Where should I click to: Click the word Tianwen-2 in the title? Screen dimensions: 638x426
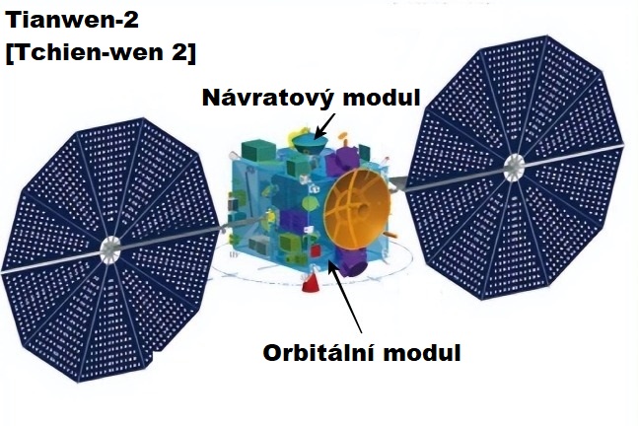(72, 21)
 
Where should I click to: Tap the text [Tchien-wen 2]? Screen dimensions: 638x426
(101, 53)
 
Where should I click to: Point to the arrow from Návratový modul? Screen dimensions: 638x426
(325, 125)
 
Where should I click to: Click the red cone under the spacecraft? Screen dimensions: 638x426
(312, 282)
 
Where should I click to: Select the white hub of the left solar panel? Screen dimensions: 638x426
(109, 249)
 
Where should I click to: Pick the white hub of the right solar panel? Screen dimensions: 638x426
(514, 168)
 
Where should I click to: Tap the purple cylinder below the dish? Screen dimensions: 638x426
(351, 262)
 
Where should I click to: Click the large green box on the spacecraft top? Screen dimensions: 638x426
(258, 151)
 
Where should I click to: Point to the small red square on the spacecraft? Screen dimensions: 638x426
(316, 251)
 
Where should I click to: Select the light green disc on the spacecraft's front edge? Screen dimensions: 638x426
(311, 203)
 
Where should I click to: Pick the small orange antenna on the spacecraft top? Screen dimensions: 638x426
(344, 138)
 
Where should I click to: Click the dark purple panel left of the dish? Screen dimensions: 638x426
(291, 220)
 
